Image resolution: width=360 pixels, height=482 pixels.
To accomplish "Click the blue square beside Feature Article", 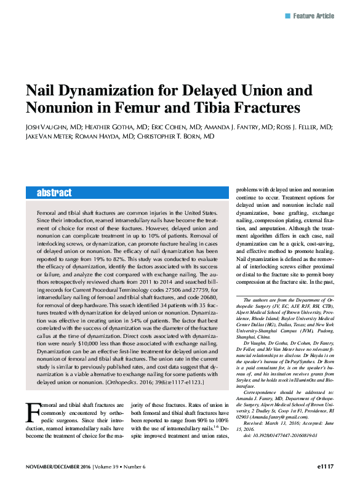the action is [x=287, y=15].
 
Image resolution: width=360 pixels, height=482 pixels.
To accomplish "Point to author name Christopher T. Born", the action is [x=175, y=137].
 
